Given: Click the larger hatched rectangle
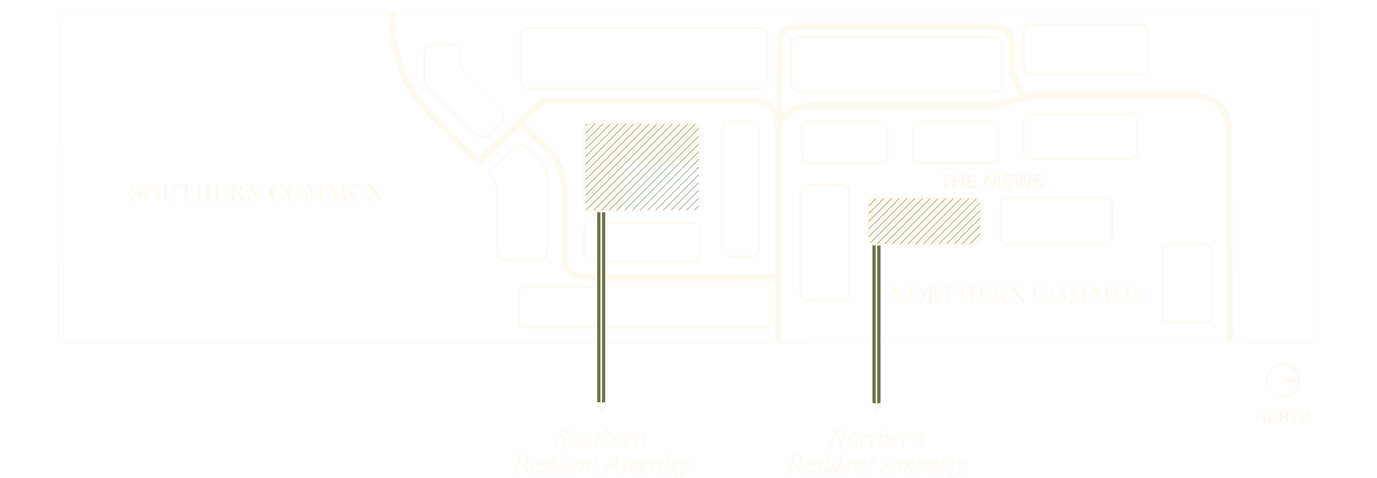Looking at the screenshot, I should coord(641,167).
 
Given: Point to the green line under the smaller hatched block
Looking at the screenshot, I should coord(876,324).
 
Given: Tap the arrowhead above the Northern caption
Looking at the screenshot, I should coord(876,406).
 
